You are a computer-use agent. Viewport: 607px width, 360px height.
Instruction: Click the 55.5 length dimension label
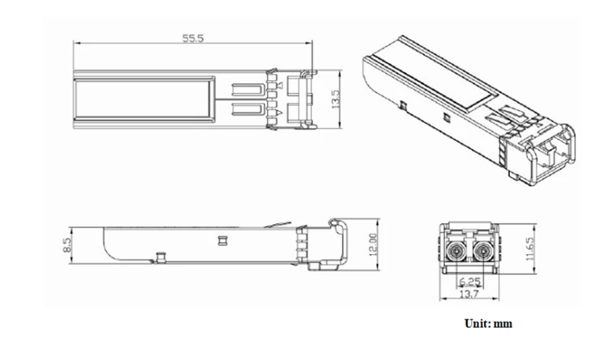193,38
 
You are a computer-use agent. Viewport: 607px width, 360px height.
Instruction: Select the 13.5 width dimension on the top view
335,99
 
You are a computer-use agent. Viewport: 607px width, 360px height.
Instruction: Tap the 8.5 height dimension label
67,245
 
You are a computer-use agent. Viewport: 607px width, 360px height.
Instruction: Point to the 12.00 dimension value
373,244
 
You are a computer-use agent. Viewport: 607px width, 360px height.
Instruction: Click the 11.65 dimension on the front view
530,248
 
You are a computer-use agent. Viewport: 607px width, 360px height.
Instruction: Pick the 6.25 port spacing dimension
469,282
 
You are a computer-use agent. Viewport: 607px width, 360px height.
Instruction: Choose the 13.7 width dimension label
469,294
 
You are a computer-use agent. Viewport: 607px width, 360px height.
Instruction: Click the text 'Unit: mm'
488,324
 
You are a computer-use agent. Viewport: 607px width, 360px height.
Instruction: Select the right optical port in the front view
482,252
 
